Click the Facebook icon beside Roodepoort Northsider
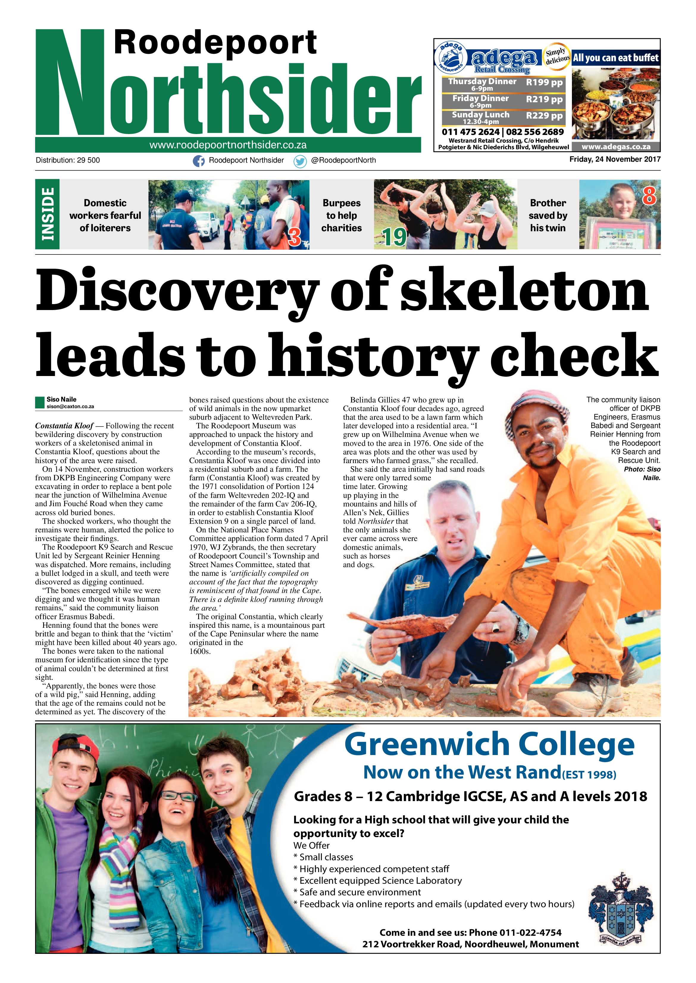click(198, 161)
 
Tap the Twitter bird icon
click(300, 161)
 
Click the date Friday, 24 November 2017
click(614, 159)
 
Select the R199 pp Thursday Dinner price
click(544, 83)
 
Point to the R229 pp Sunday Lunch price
click(544, 116)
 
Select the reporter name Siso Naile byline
click(61, 399)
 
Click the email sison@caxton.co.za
click(70, 406)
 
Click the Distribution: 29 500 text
click(68, 160)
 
